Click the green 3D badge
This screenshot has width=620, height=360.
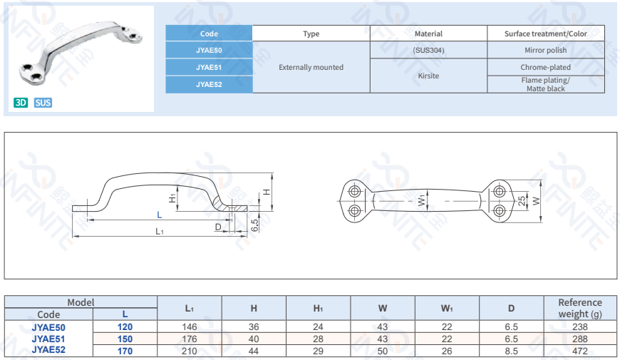(21, 103)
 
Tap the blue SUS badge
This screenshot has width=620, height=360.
(43, 103)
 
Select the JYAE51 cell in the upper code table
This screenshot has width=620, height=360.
(209, 67)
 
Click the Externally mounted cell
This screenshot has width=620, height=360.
(311, 67)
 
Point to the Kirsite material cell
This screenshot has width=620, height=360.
(428, 76)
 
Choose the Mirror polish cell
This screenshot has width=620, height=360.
(546, 50)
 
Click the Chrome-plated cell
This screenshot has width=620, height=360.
(546, 67)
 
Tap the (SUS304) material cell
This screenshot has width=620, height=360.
(428, 50)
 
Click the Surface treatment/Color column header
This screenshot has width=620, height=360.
(546, 34)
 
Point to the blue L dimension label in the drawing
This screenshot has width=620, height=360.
(160, 215)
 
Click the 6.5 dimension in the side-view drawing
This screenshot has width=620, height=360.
(254, 225)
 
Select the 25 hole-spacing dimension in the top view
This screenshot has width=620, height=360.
(522, 201)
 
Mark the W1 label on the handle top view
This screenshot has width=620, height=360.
(422, 200)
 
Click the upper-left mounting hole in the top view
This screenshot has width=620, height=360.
(355, 192)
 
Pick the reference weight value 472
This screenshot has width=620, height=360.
(579, 351)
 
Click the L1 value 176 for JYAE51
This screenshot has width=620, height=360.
(190, 339)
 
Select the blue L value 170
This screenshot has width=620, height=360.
(125, 351)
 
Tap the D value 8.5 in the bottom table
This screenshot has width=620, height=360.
(511, 351)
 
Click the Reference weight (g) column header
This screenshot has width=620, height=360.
(580, 308)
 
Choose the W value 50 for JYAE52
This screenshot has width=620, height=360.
(383, 351)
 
